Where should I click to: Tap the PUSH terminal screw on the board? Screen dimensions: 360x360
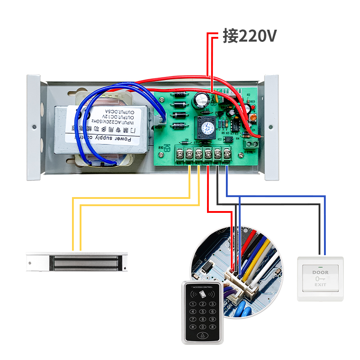click(x=227, y=154)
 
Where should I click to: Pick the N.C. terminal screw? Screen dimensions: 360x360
click(x=198, y=154)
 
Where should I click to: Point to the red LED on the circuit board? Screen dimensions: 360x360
click(x=252, y=103)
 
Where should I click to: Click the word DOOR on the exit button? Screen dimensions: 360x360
click(x=320, y=272)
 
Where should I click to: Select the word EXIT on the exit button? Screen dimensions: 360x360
click(x=320, y=285)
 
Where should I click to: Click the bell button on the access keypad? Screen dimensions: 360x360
click(x=202, y=336)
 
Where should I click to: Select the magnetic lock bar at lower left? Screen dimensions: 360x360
click(x=77, y=262)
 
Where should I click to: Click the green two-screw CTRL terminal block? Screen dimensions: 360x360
click(x=251, y=144)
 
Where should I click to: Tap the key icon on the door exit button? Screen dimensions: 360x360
click(x=320, y=279)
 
